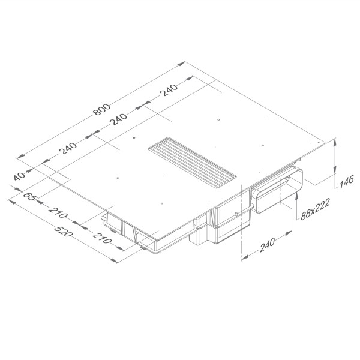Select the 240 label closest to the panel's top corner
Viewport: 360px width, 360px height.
(x=170, y=91)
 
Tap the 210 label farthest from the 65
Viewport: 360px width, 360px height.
(x=103, y=241)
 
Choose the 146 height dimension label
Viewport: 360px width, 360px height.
(x=344, y=181)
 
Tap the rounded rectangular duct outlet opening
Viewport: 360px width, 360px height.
(x=277, y=189)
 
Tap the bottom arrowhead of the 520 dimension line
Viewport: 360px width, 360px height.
(x=115, y=260)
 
